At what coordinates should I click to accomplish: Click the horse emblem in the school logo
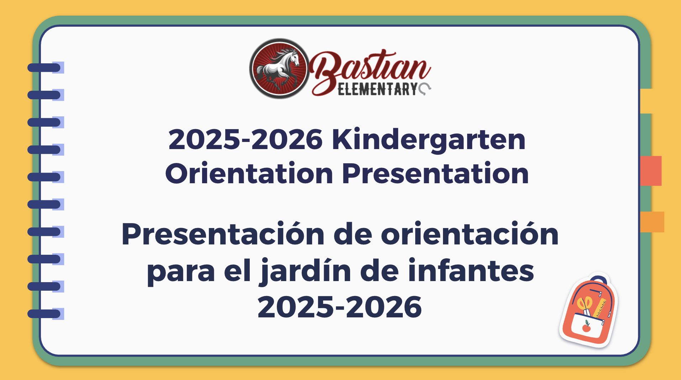pyautogui.click(x=279, y=69)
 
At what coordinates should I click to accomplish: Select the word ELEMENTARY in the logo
pyautogui.click(x=377, y=89)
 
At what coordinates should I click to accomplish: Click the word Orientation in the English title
pyautogui.click(x=249, y=173)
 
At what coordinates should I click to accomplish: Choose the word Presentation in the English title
pyautogui.click(x=435, y=173)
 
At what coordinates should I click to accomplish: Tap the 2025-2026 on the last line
pyautogui.click(x=340, y=307)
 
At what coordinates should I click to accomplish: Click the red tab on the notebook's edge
pyautogui.click(x=651, y=171)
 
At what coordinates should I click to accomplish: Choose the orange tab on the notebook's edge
pyautogui.click(x=652, y=222)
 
